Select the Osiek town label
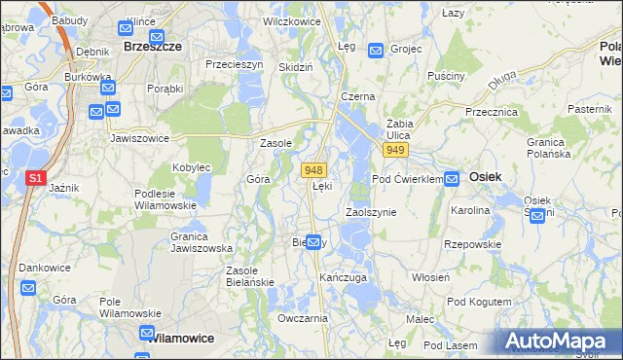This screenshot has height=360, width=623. (485, 177)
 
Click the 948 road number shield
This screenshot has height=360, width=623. (312, 169)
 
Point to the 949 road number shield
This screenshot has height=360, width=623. (394, 150)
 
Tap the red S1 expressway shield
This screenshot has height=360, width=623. (35, 178)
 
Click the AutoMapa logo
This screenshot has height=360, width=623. (560, 342)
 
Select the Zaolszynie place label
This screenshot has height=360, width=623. (371, 211)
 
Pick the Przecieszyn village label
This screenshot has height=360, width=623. (235, 64)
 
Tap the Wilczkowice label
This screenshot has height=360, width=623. (293, 19)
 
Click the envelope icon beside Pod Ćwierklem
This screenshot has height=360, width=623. (453, 179)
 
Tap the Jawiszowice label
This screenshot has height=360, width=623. (140, 138)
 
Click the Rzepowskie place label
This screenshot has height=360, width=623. (473, 244)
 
